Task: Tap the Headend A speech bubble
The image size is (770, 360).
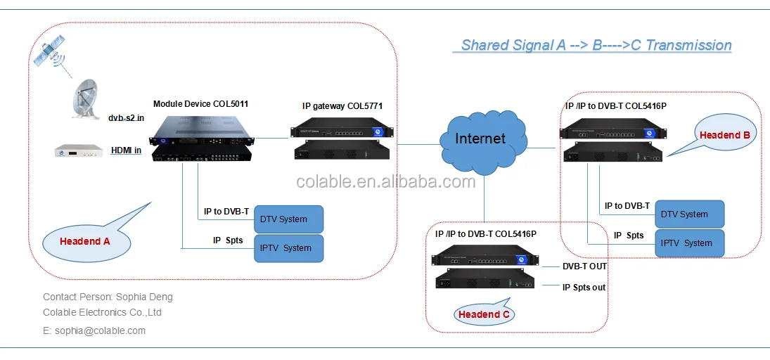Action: pyautogui.click(x=85, y=241)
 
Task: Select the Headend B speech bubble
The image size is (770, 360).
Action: pyautogui.click(x=724, y=134)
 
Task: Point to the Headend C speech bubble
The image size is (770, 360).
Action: pyautogui.click(x=484, y=314)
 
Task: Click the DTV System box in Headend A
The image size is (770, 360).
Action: pyautogui.click(x=288, y=219)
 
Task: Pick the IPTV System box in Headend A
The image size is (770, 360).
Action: pyautogui.click(x=288, y=248)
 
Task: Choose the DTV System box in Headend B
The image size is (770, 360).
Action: pyautogui.click(x=689, y=214)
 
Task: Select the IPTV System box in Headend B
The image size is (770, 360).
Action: pyautogui.click(x=689, y=243)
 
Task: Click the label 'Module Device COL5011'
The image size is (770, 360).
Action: pyautogui.click(x=200, y=104)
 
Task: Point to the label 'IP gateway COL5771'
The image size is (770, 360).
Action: pyautogui.click(x=342, y=106)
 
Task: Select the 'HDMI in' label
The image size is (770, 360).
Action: pyautogui.click(x=126, y=150)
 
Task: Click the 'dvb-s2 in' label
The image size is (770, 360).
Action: pyautogui.click(x=126, y=118)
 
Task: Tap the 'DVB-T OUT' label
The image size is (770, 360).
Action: pyautogui.click(x=584, y=266)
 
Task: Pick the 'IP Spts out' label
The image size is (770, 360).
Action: pyautogui.click(x=584, y=287)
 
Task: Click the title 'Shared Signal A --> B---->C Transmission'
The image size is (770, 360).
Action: pyautogui.click(x=596, y=46)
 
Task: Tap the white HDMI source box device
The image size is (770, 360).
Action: pyautogui.click(x=78, y=150)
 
